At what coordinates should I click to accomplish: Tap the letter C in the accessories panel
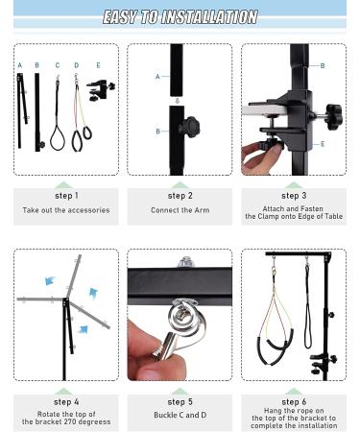pos(57,65)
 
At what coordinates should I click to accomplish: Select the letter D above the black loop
pos(77,65)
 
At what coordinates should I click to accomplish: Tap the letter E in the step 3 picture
pos(322,144)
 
